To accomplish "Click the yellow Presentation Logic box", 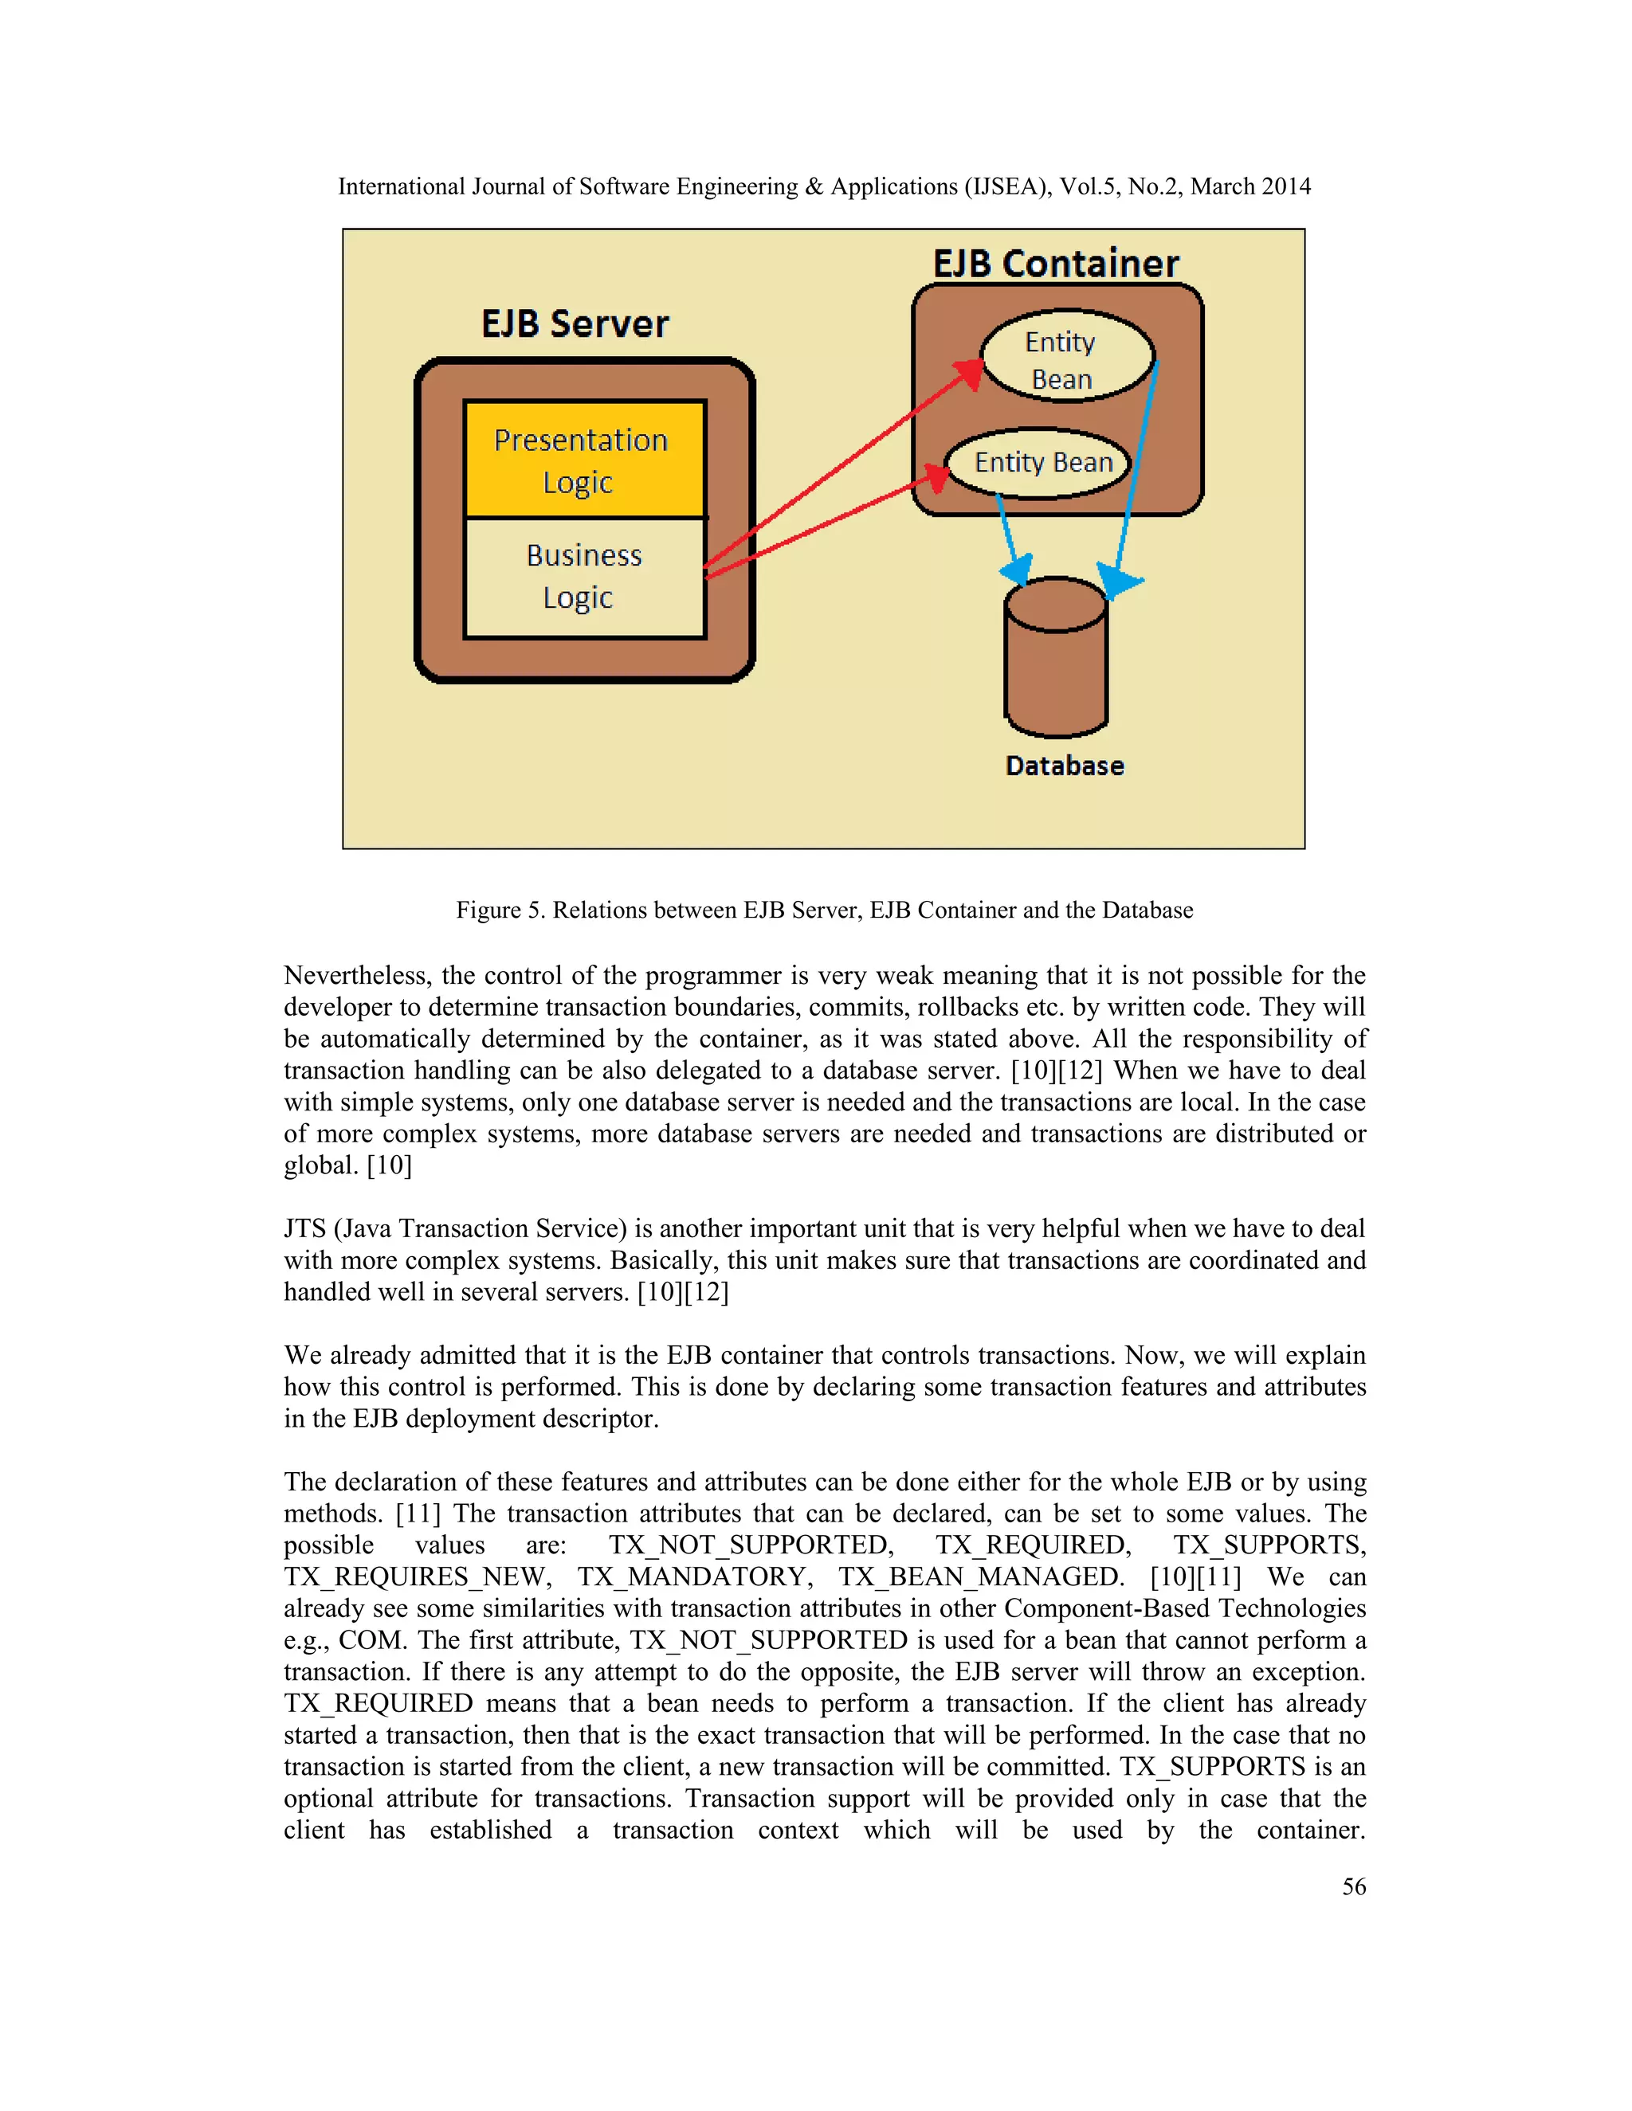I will (584, 460).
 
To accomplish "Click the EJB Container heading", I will (1056, 264).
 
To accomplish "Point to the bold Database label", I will (1065, 766).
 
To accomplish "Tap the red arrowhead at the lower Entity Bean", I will (936, 476).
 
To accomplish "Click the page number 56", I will (1354, 1886).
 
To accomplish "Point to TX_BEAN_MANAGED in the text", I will (980, 1577).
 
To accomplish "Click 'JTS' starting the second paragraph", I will (304, 1229).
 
